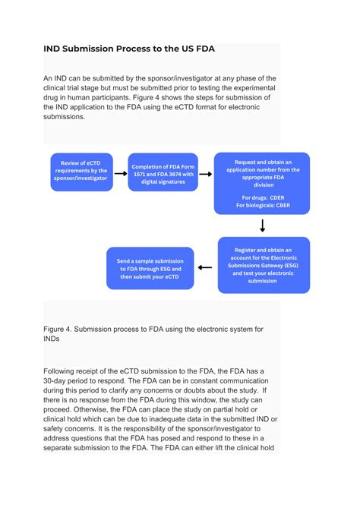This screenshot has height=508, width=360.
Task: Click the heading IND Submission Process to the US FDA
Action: tap(129, 49)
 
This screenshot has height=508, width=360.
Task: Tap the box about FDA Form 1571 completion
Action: tap(163, 172)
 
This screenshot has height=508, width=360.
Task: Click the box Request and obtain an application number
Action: tap(262, 183)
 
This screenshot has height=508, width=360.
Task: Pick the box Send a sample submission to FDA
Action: tap(150, 267)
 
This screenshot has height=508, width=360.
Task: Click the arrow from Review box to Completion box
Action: tap(120, 173)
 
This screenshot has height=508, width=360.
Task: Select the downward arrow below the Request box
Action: tap(263, 226)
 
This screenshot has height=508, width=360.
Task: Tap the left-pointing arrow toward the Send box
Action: tap(205, 267)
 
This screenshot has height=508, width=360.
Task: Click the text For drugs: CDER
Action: tap(262, 197)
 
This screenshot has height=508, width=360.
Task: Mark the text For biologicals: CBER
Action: tap(262, 205)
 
